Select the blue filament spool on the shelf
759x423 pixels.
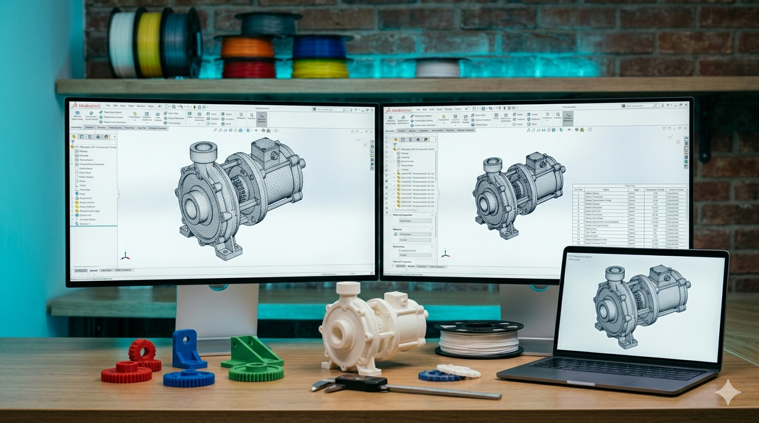coord(320,48)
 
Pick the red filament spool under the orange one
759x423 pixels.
coord(249,69)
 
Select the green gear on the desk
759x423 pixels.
coord(256,372)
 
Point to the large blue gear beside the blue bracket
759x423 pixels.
coord(189,378)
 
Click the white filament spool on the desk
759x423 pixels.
coord(478,339)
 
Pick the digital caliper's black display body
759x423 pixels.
coord(361,382)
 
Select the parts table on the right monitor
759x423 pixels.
coord(629,215)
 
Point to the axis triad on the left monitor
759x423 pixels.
coord(125,256)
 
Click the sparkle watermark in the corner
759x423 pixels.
coord(728,392)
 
